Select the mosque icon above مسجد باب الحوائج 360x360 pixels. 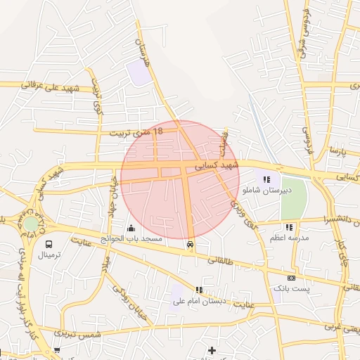131,228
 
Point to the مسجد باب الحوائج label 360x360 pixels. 131,240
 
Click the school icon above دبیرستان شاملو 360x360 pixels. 266,180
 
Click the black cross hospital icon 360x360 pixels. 212,350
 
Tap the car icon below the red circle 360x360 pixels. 190,244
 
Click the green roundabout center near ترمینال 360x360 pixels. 32,223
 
